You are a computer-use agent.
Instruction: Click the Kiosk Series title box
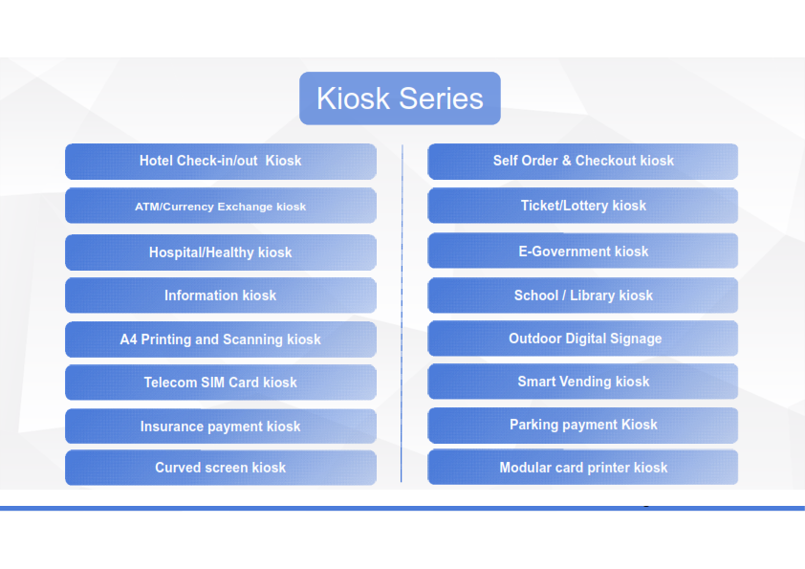400,98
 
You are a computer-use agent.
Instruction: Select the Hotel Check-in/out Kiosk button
221,162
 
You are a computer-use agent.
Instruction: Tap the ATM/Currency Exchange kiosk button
221,206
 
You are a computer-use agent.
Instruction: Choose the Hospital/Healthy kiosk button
221,252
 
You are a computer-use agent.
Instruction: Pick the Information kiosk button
221,295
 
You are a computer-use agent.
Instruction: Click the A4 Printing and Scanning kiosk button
221,339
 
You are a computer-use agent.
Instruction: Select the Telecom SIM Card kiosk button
221,383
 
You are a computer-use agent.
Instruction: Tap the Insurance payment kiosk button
221,426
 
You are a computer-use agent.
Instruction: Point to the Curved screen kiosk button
221,468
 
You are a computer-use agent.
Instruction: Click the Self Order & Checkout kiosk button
582,162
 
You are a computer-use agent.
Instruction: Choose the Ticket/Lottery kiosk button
582,206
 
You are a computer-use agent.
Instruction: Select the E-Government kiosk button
582,251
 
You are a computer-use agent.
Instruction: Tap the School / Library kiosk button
582,295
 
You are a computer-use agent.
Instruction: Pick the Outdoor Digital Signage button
582,339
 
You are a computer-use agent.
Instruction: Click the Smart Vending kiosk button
582,382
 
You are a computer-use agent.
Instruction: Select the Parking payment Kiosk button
582,426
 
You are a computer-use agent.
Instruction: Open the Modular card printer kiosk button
582,468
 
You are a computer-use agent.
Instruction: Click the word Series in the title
441,98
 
